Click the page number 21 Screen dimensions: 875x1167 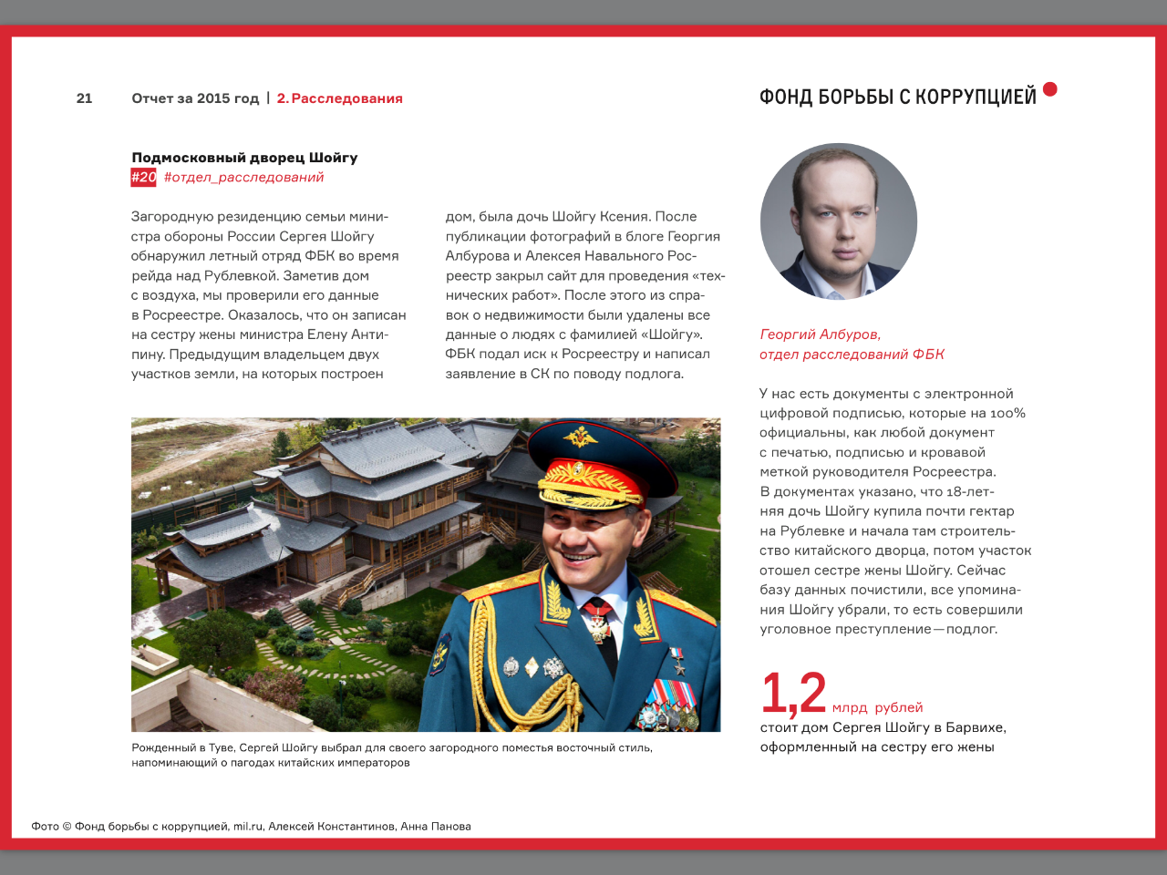pyautogui.click(x=84, y=98)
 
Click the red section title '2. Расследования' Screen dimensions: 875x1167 pyautogui.click(x=339, y=98)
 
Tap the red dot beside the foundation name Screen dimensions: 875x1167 pyautogui.click(x=1050, y=88)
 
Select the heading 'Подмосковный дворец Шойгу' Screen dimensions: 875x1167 pyautogui.click(x=244, y=158)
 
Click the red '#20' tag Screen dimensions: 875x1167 pyautogui.click(x=143, y=177)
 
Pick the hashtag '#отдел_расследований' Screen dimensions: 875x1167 pyautogui.click(x=243, y=177)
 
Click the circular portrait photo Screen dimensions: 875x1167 pyautogui.click(x=838, y=221)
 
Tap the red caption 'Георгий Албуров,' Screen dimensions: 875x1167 pyautogui.click(x=821, y=335)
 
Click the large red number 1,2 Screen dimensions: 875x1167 pyautogui.click(x=792, y=694)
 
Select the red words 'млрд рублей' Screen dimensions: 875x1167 pyautogui.click(x=877, y=707)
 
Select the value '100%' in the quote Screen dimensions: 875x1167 pyautogui.click(x=1007, y=413)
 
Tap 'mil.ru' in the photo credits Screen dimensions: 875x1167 pyautogui.click(x=248, y=827)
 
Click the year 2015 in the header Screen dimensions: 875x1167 pyautogui.click(x=213, y=98)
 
